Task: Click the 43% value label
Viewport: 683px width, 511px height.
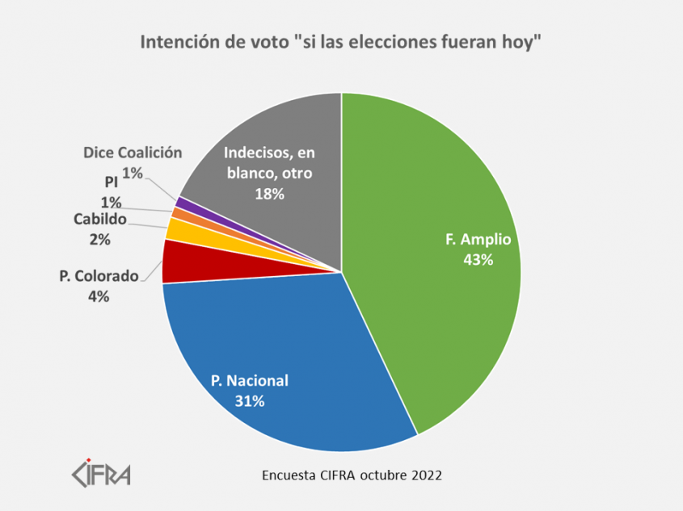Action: point(478,260)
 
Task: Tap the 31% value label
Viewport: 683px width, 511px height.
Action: point(250,400)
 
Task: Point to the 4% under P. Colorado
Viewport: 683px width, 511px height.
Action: point(99,296)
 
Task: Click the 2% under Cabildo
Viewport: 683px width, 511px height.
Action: point(100,239)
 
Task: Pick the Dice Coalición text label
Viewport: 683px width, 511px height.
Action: point(133,153)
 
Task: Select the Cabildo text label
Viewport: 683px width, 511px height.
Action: point(99,220)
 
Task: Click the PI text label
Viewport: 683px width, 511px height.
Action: point(112,182)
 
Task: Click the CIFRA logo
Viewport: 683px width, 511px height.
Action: point(100,472)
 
